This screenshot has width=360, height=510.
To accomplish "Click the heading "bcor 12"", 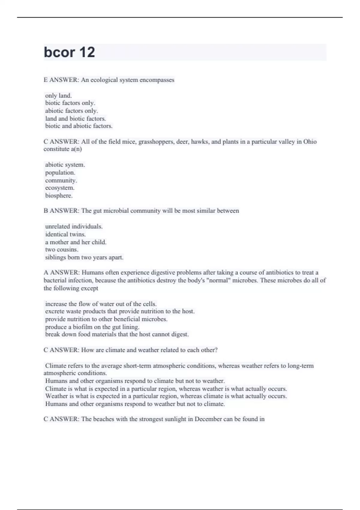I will click(69, 52).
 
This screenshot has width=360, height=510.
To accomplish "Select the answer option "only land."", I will click(58, 96).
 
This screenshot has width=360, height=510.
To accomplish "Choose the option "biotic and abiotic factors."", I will click(79, 126).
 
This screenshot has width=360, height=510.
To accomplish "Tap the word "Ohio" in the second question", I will click(310, 142).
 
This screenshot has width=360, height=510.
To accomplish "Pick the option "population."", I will click(60, 172).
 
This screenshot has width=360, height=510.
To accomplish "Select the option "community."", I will click(61, 180).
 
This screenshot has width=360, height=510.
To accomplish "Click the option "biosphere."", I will click(59, 196).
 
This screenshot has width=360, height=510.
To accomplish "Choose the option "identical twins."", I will click(65, 234).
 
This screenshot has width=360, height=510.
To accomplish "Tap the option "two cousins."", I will click(62, 250).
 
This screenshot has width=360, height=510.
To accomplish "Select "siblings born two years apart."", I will click(84, 257).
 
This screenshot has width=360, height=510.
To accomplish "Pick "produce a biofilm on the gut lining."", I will click(92, 327).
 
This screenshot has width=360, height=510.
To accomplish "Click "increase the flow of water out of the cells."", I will click(101, 304).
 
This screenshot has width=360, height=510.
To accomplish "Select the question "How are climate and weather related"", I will click(149, 350).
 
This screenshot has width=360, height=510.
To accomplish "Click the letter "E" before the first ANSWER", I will click(46, 80).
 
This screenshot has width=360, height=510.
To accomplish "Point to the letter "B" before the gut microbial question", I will click(46, 211).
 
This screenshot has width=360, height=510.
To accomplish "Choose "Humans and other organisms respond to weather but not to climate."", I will click(135, 404).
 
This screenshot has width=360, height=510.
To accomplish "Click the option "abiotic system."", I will click(65, 165).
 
